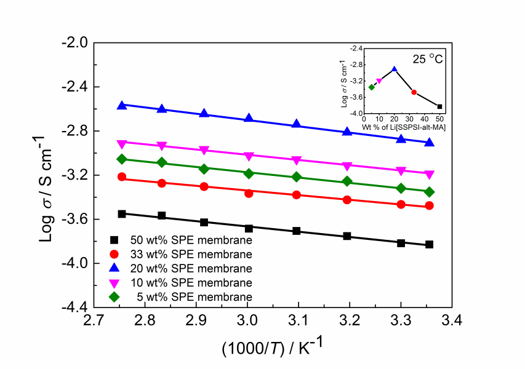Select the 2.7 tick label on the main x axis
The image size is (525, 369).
coord(94,321)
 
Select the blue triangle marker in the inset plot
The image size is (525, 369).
coord(395,69)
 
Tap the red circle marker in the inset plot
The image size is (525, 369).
coord(414,92)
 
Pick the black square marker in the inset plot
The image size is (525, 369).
coord(439,106)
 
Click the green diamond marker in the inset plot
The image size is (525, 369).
coord(372,87)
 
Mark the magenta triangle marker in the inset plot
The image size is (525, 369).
coord(379,81)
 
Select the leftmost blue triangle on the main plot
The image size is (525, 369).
coord(122,105)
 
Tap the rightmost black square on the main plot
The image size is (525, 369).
coord(429,245)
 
